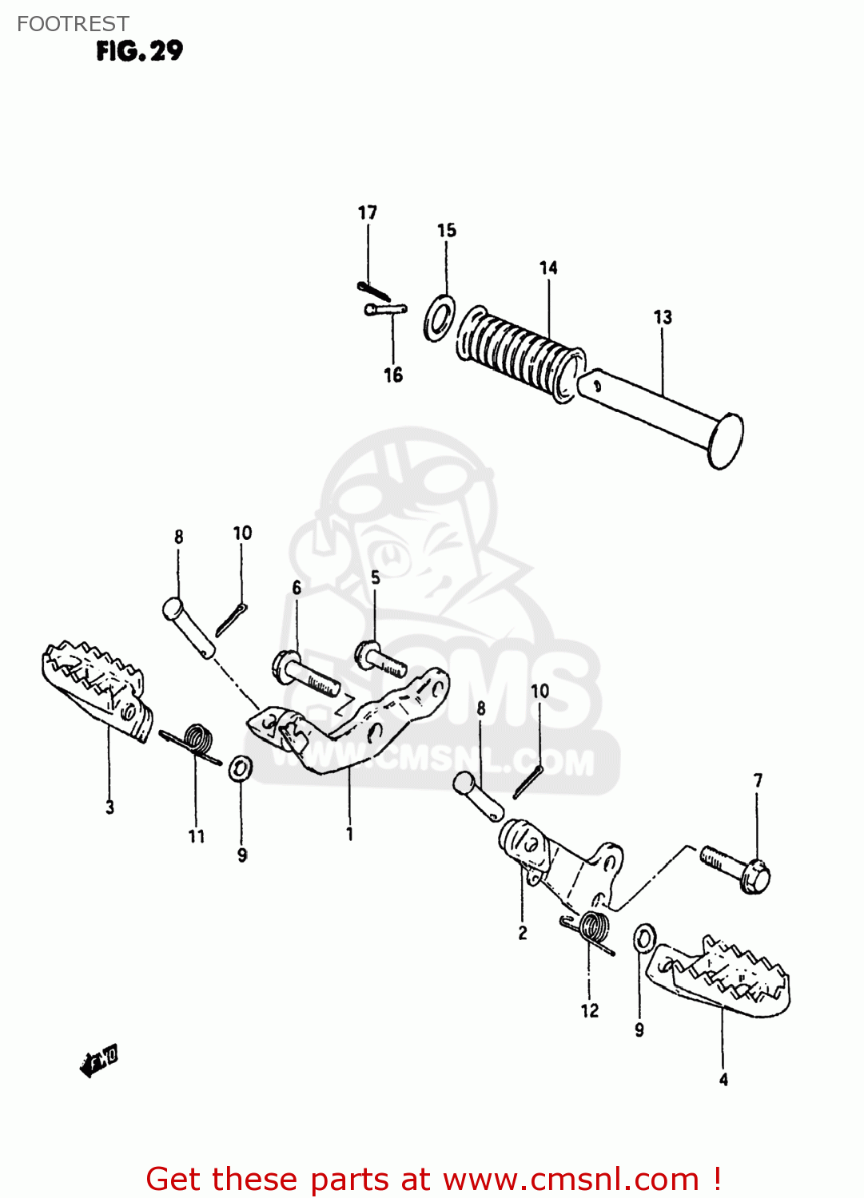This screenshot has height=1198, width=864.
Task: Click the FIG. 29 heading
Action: click(139, 51)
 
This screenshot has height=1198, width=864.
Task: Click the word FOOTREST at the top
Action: click(73, 24)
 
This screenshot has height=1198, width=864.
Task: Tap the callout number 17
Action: click(367, 212)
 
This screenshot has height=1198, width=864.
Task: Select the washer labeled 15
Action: click(439, 318)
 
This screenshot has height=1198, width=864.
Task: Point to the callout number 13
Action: click(663, 317)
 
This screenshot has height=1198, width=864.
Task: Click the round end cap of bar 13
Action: click(726, 441)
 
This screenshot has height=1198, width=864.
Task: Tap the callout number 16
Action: click(393, 375)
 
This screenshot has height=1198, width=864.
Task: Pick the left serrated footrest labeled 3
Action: click(95, 688)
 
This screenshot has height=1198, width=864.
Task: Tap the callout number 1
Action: click(349, 834)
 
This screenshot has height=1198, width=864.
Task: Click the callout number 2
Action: click(523, 933)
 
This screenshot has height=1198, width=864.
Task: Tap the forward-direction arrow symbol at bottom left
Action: click(99, 1061)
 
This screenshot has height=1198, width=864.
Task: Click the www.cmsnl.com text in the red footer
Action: click(571, 1179)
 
